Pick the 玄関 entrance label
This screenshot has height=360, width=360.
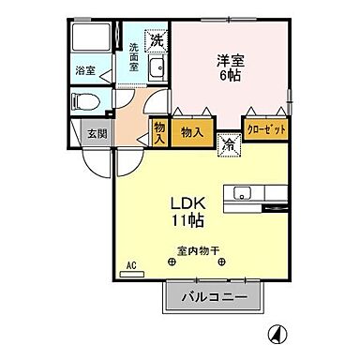[97, 133]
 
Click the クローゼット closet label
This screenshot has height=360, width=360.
[265, 128]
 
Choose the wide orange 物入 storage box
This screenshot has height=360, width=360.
[192, 132]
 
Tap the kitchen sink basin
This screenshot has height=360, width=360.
[242, 195]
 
